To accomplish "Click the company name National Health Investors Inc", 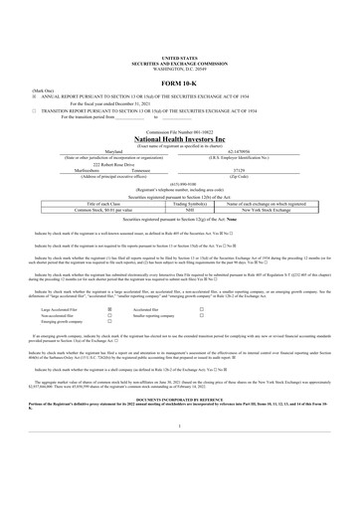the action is pyautogui.click(x=179, y=139).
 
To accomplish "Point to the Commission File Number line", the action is pyautogui.click(x=179, y=130).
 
